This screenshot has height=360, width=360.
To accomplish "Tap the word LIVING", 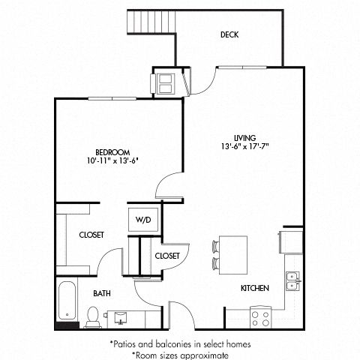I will click(244, 137).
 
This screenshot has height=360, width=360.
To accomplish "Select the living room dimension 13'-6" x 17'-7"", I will click(244, 146).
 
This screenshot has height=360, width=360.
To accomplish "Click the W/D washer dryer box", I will click(142, 219).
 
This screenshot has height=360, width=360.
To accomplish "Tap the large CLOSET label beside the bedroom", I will click(91, 235).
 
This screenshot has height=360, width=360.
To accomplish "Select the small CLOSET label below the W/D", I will click(166, 256).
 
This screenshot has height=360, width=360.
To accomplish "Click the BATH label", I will click(102, 293).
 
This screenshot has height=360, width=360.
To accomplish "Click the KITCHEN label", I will click(253, 288).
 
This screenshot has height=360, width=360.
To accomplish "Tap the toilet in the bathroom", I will click(93, 319).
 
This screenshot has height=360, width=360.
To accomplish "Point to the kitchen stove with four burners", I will click(260, 317).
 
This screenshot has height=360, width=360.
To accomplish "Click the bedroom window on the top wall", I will click(112, 98).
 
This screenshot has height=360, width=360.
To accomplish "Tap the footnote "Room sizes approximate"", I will click(180, 352).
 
